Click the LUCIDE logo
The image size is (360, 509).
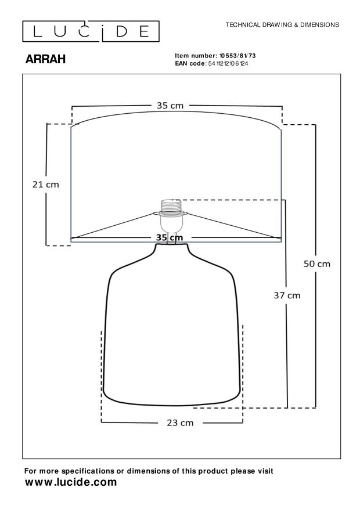[x=91, y=31]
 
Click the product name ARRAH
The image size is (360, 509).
[x=45, y=59]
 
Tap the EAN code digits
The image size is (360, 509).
[x=228, y=64]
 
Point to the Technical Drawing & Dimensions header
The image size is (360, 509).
[x=282, y=25]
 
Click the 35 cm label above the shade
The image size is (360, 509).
[x=170, y=106]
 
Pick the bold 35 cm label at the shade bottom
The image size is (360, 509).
[x=170, y=237]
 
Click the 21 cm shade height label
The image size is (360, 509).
[x=46, y=185]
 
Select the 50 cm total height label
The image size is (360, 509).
[x=317, y=264]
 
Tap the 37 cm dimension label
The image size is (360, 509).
[x=287, y=295]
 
